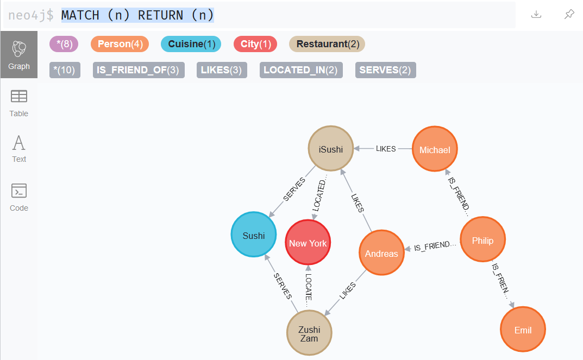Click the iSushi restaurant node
(x=331, y=149)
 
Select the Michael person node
(x=435, y=149)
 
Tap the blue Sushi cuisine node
(x=254, y=235)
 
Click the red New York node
(x=308, y=243)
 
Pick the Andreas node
(x=381, y=253)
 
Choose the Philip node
(x=482, y=240)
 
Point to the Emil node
(x=523, y=330)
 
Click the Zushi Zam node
(x=309, y=333)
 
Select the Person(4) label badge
(x=120, y=44)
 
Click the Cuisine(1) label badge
(x=191, y=44)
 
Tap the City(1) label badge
(x=255, y=44)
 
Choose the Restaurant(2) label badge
(x=327, y=44)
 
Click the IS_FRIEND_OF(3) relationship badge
(x=139, y=70)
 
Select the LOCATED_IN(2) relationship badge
(x=300, y=70)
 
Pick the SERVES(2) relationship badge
(x=385, y=70)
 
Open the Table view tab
(x=19, y=103)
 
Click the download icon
(x=536, y=15)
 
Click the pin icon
(x=569, y=15)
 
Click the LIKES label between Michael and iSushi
(x=386, y=149)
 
